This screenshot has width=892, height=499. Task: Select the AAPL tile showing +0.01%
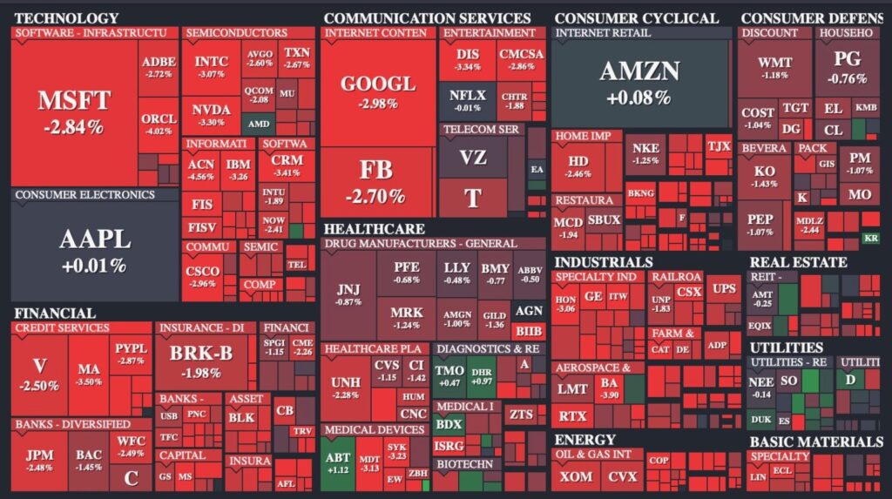click(94, 248)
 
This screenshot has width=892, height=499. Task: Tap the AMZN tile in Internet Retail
click(639, 83)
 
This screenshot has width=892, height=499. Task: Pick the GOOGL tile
click(377, 91)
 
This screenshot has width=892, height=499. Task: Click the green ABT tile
click(337, 462)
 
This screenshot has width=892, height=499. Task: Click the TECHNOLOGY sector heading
click(66, 18)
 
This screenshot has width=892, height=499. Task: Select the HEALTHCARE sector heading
click(375, 229)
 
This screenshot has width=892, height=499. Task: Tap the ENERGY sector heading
click(585, 440)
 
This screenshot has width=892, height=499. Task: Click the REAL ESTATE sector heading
click(798, 262)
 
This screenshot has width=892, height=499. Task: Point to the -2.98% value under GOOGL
click(377, 104)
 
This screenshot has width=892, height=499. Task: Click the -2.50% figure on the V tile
click(40, 386)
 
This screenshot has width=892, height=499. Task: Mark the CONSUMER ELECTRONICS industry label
click(84, 195)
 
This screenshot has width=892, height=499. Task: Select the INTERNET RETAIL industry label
click(602, 33)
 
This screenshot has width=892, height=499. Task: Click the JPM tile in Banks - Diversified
click(39, 461)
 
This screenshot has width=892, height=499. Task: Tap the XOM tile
click(576, 477)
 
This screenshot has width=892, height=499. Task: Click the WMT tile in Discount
click(774, 68)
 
